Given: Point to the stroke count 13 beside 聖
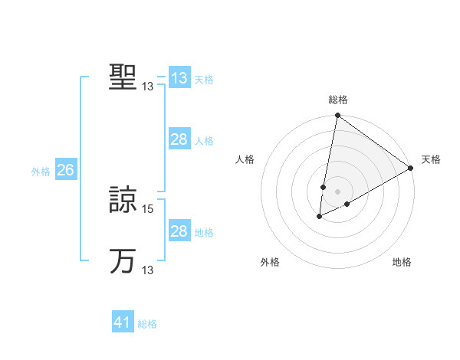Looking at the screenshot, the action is coord(148,87).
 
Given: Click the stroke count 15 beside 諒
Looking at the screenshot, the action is coord(148,208).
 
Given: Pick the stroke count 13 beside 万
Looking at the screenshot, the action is coord(148,270).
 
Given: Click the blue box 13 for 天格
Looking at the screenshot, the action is coord(179,78).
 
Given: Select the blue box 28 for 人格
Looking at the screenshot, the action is coord(179,139).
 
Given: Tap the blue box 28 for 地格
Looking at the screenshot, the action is coord(179,231).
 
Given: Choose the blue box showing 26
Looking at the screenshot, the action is coord(65,170).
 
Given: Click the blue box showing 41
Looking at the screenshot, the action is coord(122,322).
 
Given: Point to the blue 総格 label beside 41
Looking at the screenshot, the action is coord(147,324).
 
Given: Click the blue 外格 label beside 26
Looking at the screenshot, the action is coord(41,172).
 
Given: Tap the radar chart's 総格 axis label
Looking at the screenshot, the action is coord(338,100).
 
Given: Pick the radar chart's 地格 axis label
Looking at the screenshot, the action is coord(402,263).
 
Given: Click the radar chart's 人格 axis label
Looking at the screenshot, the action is coord(245,159).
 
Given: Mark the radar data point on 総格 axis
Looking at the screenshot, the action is coord(337,116).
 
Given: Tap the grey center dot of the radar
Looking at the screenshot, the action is coord(337,191).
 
